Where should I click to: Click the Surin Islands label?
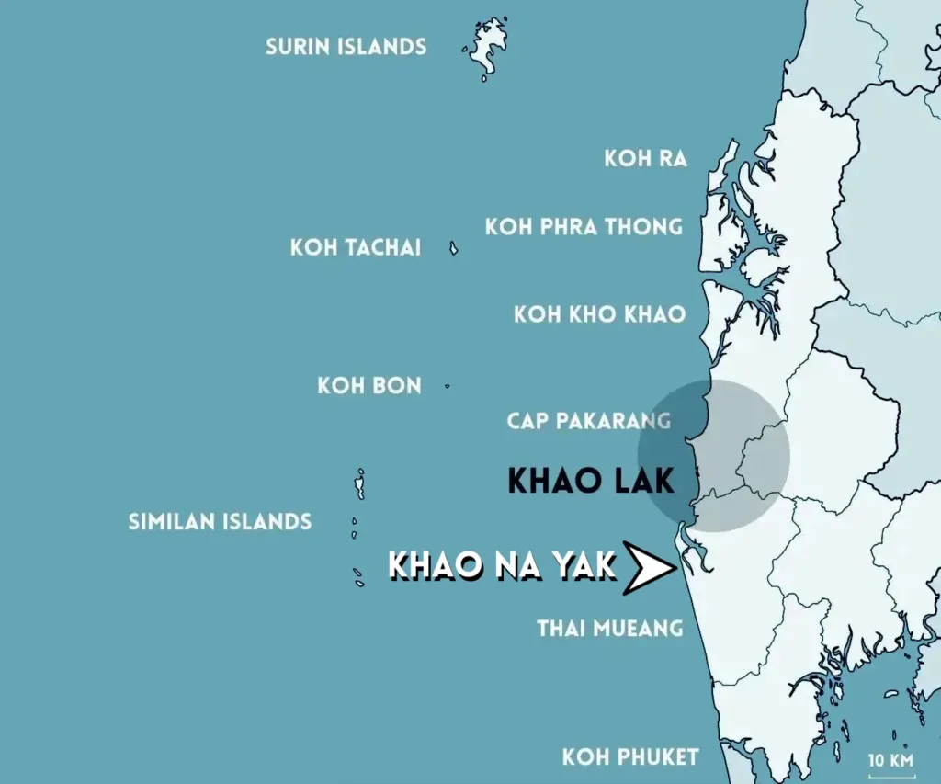coord(346,46)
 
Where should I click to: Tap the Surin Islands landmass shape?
coord(488,46)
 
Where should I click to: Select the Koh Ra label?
coord(645,158)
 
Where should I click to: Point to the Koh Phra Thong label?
coord(584,226)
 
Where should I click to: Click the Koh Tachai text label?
coord(356,247)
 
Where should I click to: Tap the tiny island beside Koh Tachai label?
coord(454,248)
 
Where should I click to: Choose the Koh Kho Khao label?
coord(599,314)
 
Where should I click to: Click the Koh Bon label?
coord(369,385)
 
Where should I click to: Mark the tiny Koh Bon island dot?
coord(448,386)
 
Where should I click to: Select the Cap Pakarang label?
coord(588,421)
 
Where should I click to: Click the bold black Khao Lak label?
coord(591,480)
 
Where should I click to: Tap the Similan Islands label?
coord(220,522)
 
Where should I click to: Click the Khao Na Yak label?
coord(502,566)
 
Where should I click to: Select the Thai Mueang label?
coord(609,629)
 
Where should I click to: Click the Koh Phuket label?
coord(629,757)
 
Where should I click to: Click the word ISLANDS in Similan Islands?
coord(267,522)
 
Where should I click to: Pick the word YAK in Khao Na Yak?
coord(583,566)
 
